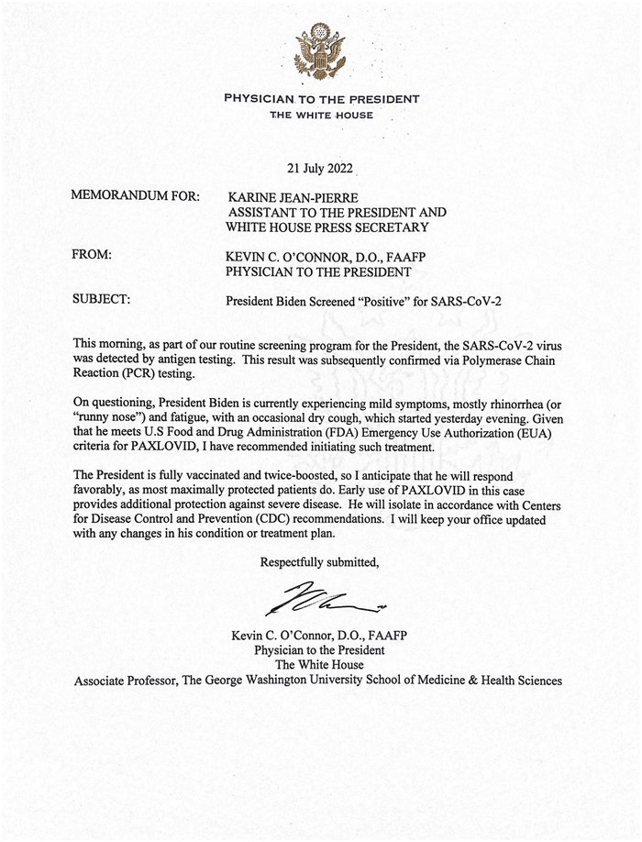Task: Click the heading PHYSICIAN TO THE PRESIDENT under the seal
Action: (x=321, y=98)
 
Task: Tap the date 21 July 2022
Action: (x=320, y=169)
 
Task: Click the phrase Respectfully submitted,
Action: (x=319, y=561)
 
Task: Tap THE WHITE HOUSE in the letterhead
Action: (x=321, y=115)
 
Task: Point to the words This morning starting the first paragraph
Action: (x=103, y=344)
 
